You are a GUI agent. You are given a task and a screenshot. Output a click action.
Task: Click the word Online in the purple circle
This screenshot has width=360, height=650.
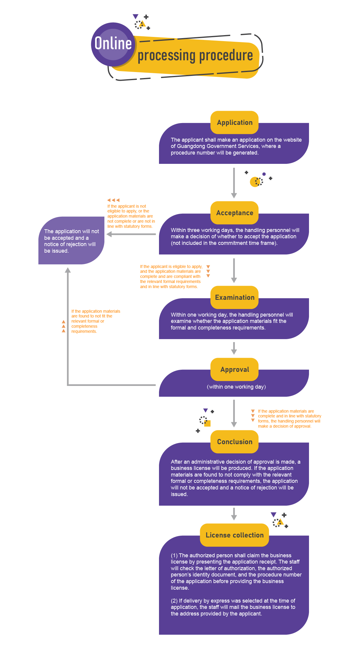click(113, 44)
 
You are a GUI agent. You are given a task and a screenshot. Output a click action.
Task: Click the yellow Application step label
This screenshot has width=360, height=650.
click(235, 122)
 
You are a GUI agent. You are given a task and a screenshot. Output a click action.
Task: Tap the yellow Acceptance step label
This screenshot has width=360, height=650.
click(235, 213)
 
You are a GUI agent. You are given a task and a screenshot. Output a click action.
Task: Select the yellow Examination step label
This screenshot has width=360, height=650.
click(235, 297)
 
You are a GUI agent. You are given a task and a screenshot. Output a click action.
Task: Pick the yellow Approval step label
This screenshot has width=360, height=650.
click(235, 369)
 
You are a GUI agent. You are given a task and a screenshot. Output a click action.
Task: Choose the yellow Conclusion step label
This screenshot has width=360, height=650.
click(235, 442)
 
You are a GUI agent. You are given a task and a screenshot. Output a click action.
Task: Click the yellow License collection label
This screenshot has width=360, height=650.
click(235, 535)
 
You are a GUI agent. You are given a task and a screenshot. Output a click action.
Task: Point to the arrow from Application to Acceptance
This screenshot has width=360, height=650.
click(234, 183)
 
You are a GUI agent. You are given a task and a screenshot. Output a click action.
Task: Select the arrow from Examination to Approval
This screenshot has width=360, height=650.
click(234, 348)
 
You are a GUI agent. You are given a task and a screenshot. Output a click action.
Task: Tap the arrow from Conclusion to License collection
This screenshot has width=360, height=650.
click(234, 514)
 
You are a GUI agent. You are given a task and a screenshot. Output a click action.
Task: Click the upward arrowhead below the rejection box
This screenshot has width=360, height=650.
click(68, 270)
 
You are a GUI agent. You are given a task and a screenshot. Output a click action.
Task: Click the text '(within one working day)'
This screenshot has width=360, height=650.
click(236, 387)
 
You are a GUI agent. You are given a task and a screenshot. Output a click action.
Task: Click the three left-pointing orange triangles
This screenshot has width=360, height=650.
click(113, 200)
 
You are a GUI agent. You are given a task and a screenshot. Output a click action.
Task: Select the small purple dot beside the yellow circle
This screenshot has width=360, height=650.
click(264, 174)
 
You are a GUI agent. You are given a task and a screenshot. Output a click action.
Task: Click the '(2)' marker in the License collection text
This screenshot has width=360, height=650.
click(174, 601)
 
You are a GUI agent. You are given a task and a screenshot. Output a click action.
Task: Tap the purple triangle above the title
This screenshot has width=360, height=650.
click(136, 17)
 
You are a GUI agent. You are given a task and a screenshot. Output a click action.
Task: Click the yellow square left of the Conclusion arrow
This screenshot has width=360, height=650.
click(207, 423)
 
